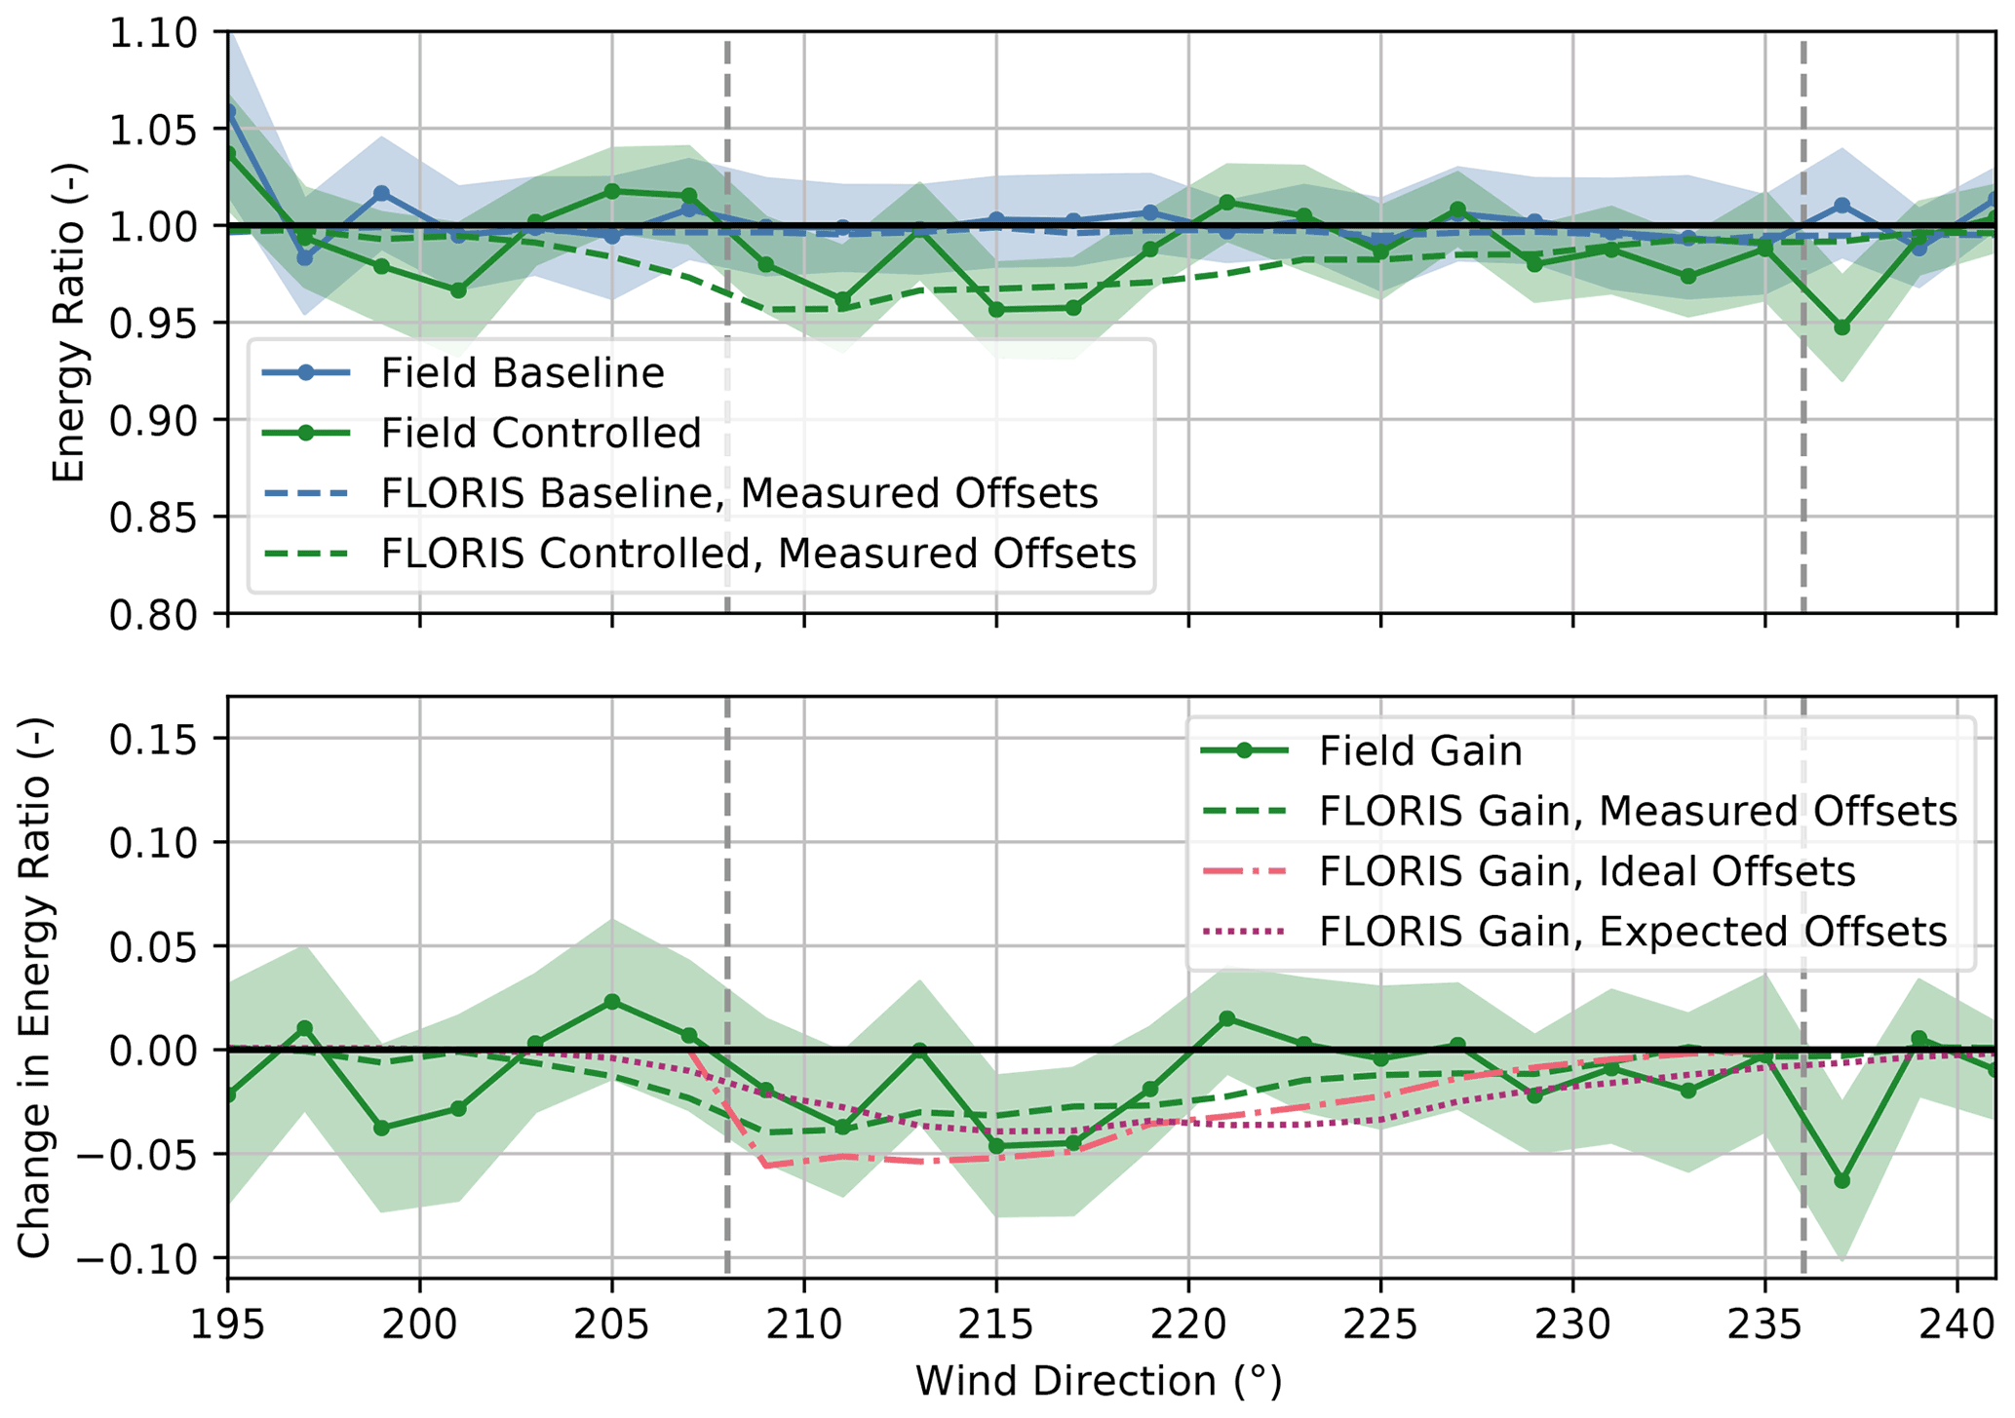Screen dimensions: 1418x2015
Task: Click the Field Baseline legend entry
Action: [x=522, y=373]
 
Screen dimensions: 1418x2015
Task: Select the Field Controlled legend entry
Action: [x=540, y=434]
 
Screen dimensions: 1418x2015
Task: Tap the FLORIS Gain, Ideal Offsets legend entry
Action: [x=1586, y=871]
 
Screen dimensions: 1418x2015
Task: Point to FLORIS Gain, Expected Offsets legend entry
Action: [x=1632, y=932]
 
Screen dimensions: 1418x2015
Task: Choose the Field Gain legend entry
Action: [x=1419, y=751]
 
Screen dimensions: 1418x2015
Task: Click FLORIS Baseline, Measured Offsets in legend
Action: [x=739, y=494]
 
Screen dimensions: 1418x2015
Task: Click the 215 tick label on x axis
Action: [x=996, y=1325]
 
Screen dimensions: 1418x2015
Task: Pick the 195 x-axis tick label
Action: [x=228, y=1325]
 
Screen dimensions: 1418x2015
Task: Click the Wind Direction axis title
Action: [x=1099, y=1382]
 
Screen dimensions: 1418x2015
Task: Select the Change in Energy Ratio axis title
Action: [x=35, y=987]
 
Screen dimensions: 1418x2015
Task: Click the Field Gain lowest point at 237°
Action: [x=1841, y=1181]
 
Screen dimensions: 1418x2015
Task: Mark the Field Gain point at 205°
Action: [x=612, y=1002]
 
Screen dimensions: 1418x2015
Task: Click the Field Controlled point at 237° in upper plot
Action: [x=1841, y=327]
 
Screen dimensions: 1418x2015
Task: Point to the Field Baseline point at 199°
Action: [x=381, y=194]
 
